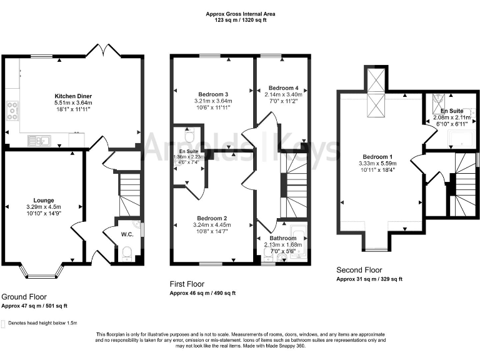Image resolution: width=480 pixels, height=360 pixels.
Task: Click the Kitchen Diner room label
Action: [74, 96]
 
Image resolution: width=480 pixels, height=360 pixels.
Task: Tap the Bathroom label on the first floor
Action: [283, 238]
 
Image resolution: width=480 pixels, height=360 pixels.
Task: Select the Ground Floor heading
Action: [24, 296]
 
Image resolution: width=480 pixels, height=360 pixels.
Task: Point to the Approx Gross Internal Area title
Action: [240, 13]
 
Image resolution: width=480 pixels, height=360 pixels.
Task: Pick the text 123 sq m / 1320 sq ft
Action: [240, 20]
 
